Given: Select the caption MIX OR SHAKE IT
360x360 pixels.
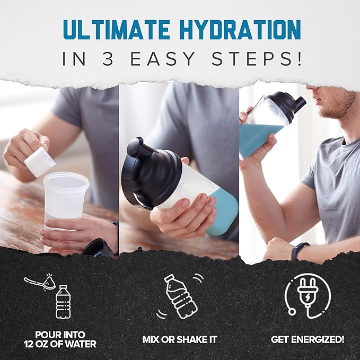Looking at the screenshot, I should pos(180,338).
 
